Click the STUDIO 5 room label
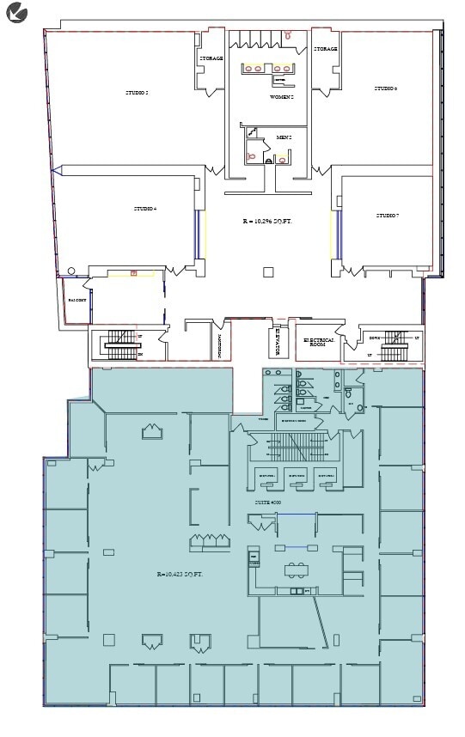[x=137, y=92]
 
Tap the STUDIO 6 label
[x=384, y=88]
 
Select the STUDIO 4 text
[x=144, y=209]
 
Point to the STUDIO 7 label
[x=387, y=215]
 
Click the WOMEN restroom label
[x=282, y=98]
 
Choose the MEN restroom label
[x=284, y=137]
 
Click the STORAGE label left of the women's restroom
[x=211, y=58]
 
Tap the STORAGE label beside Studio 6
[x=325, y=49]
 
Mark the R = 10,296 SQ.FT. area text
[x=267, y=222]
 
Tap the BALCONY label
[x=76, y=301]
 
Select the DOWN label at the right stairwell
[x=374, y=338]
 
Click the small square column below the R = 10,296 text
[x=268, y=272]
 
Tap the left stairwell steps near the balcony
[x=118, y=345]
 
